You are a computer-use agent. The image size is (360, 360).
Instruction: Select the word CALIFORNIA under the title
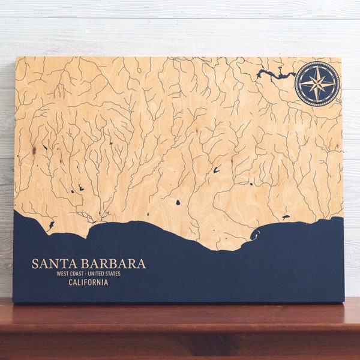pos(88,283)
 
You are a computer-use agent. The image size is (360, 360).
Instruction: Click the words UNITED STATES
pos(106,274)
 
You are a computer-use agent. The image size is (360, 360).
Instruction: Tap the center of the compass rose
pos(317,84)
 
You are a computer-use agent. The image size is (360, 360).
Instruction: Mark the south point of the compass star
pos(317,100)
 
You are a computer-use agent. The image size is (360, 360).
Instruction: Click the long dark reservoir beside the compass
pos(275,74)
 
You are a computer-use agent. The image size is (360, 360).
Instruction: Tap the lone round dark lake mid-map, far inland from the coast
pos(178,202)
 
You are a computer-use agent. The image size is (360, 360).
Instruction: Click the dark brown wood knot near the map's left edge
pos(34,149)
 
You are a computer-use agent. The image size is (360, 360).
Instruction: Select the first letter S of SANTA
pos(35,264)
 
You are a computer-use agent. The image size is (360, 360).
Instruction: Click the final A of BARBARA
pos(142,264)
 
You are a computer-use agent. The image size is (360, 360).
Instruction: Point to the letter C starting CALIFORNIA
pos(71,283)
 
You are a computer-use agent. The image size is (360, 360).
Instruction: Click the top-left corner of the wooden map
pos(17,58)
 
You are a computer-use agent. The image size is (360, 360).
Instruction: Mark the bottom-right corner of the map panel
pos(344,301)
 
